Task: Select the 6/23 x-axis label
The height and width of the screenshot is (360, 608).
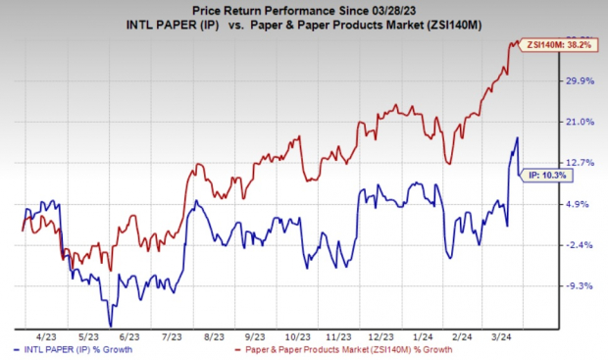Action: (x=122, y=334)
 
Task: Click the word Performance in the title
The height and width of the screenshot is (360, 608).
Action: (x=283, y=11)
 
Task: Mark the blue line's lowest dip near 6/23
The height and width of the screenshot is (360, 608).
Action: (x=110, y=326)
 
